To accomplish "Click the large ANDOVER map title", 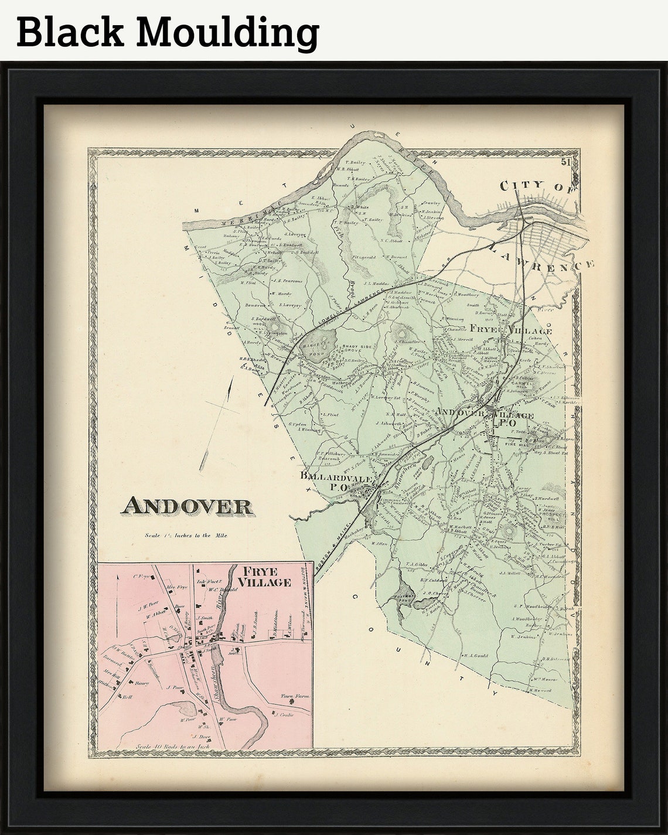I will click(x=188, y=506).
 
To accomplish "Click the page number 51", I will click(x=565, y=162).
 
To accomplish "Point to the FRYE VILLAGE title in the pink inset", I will click(x=267, y=577).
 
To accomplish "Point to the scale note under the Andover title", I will click(x=186, y=535).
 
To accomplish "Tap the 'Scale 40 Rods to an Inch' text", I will click(x=167, y=747).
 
